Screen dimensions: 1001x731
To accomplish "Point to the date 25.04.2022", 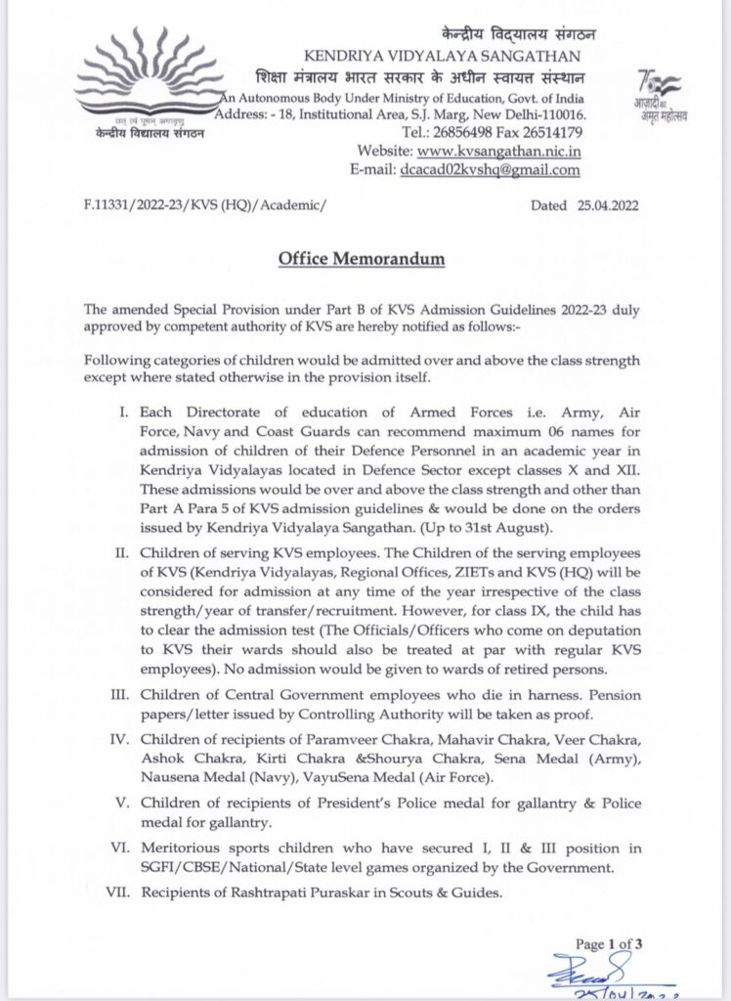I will point(617,207).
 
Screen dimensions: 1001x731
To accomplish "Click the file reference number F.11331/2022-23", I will point(137,207).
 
